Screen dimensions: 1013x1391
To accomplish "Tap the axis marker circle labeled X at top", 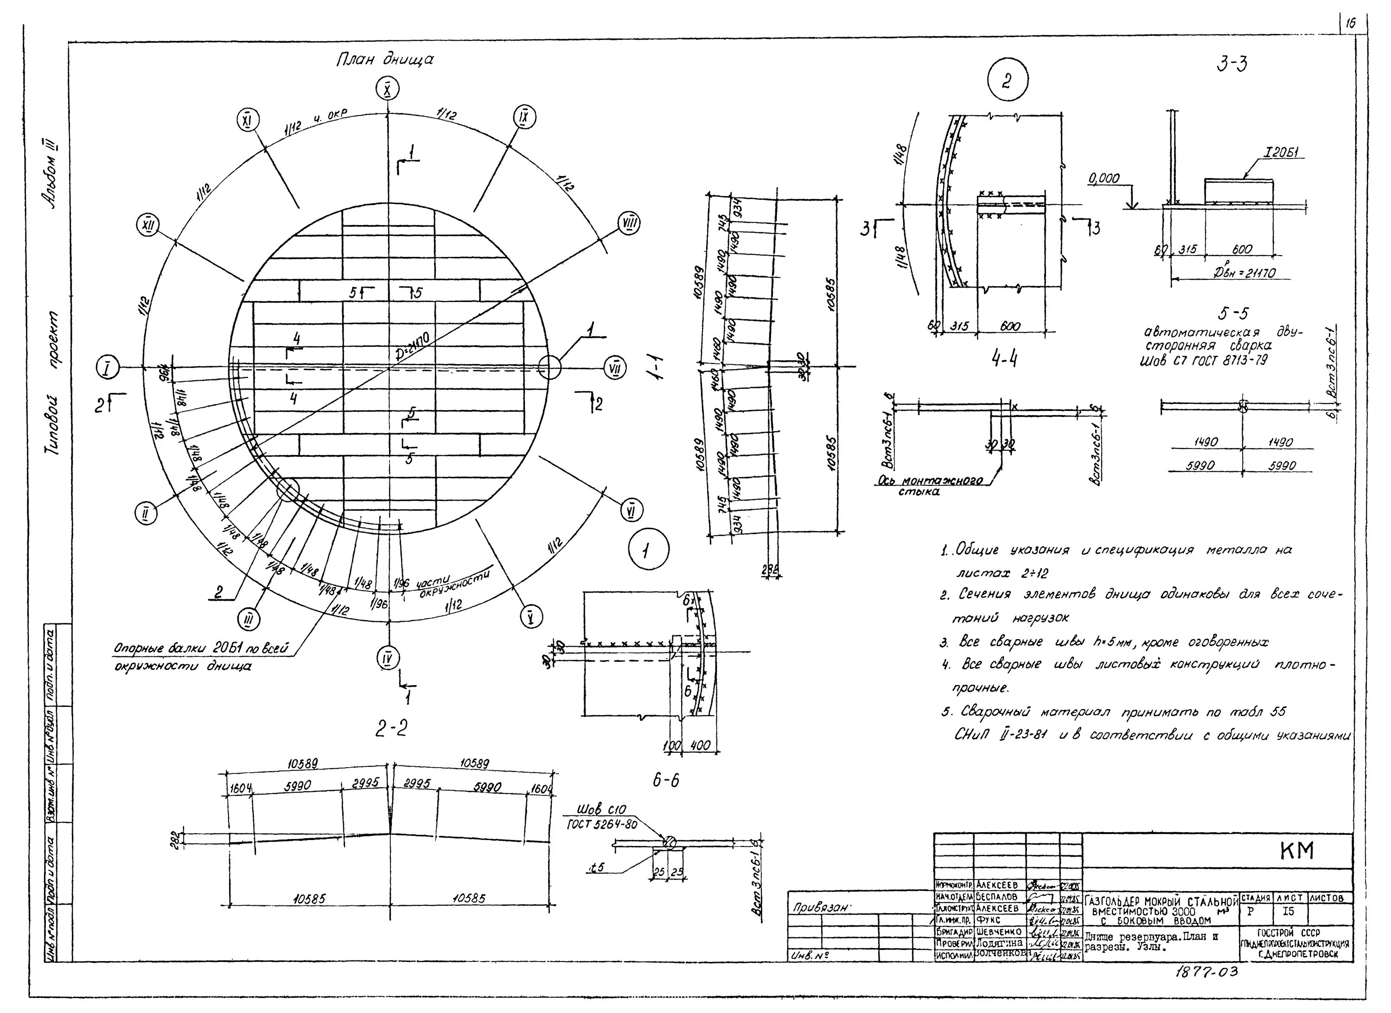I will pos(387,90).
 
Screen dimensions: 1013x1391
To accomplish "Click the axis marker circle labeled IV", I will pos(388,658).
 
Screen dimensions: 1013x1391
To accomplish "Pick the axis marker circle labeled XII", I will pos(147,226).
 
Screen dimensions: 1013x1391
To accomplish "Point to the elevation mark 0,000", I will pos(1104,179).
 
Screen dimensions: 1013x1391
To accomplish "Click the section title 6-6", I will pos(665,781).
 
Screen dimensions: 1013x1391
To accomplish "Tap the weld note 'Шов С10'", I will pos(604,810).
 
